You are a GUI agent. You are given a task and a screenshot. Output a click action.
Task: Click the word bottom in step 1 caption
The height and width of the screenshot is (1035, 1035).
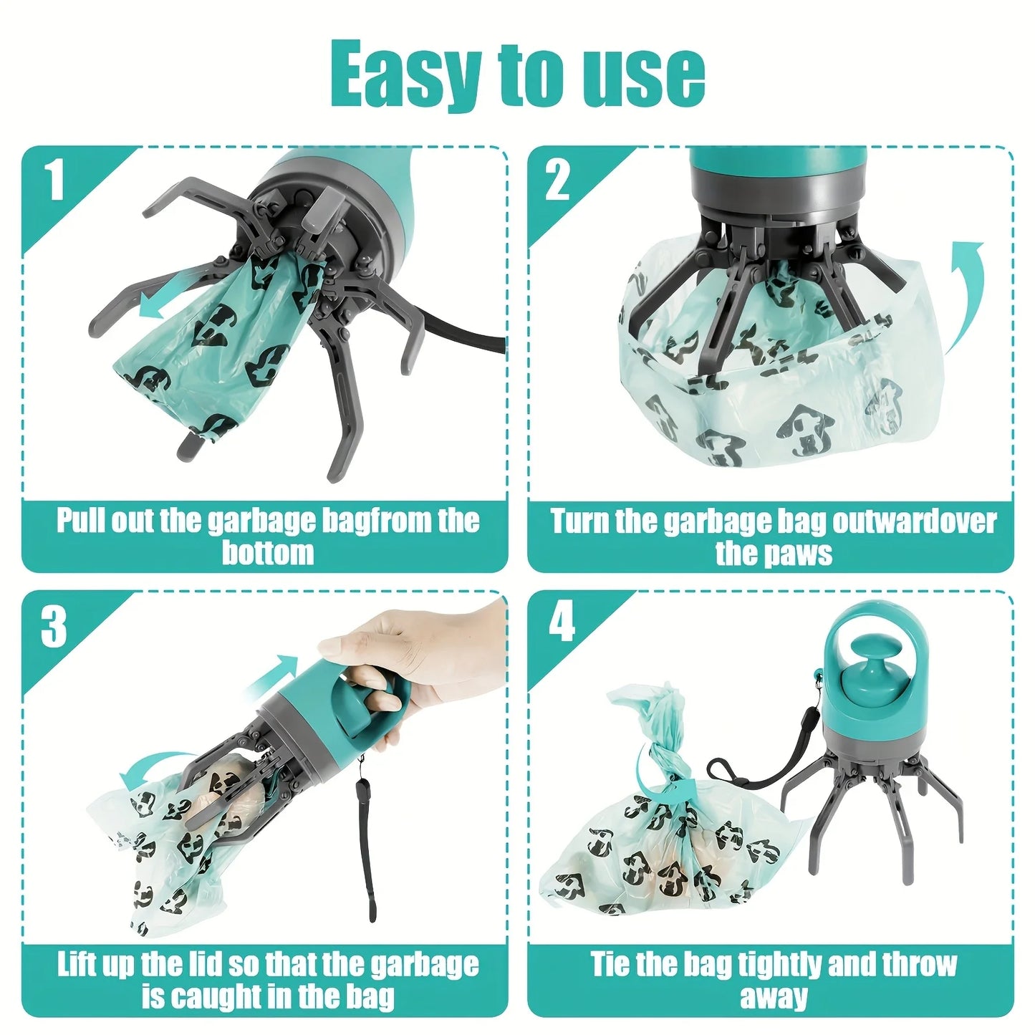coord(267,553)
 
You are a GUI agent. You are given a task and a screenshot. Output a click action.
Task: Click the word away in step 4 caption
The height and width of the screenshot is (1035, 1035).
coord(774,997)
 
